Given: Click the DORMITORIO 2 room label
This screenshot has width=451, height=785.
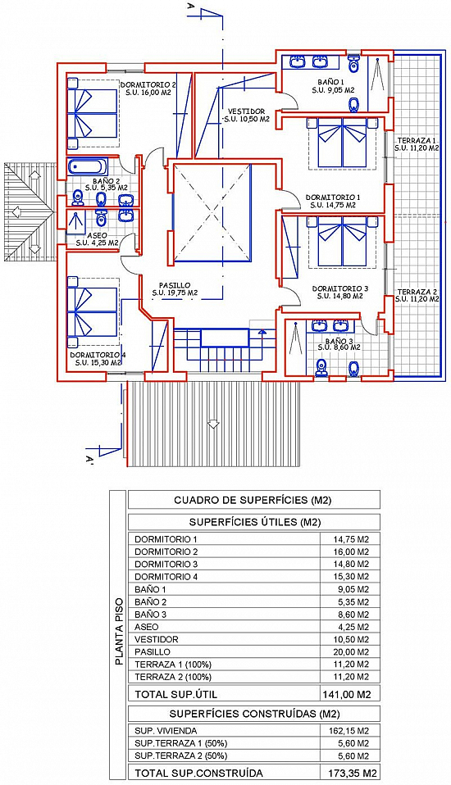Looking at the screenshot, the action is tap(148, 84).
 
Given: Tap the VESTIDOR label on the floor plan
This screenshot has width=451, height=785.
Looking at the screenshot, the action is tap(246, 111).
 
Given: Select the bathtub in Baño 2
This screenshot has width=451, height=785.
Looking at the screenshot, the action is tap(87, 166).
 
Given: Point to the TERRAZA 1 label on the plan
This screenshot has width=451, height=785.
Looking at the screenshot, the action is tap(417, 140).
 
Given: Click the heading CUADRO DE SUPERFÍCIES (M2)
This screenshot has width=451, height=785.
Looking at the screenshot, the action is tap(253, 500).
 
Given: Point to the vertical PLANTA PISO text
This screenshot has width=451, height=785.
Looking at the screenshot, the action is tap(119, 631).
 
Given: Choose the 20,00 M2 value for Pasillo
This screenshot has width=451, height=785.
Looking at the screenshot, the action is tap(351, 651).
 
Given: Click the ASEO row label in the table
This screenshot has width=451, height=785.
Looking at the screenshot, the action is tap(146, 627).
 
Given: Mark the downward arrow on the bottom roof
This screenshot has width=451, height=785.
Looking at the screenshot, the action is tap(213, 424).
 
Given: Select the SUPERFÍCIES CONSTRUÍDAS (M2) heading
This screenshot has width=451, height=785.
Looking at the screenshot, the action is tap(253, 714).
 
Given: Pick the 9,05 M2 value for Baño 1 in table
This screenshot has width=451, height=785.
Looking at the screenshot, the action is tap(351, 589).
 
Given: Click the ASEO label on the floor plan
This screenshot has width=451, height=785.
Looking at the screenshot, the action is tap(97, 236).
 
